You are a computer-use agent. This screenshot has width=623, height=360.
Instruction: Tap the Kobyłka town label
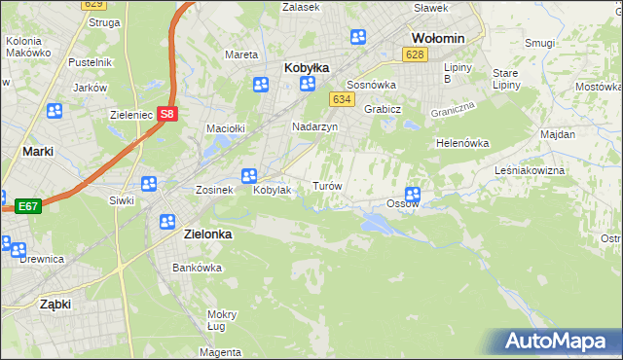(306, 68)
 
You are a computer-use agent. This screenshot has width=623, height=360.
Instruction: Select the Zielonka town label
(206, 234)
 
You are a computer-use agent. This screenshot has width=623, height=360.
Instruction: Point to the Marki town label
(37, 152)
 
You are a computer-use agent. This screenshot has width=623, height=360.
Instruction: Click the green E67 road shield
(26, 206)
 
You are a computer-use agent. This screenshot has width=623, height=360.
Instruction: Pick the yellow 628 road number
(416, 54)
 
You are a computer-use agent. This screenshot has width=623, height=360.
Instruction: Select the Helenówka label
(461, 143)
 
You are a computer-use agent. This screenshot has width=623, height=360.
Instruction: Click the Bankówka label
(192, 268)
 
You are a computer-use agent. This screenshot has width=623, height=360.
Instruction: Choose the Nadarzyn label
(314, 127)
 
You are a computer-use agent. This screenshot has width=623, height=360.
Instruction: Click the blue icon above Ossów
(413, 194)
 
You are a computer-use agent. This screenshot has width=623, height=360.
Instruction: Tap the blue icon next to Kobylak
(248, 176)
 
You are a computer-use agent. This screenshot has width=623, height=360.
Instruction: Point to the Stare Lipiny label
(505, 79)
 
